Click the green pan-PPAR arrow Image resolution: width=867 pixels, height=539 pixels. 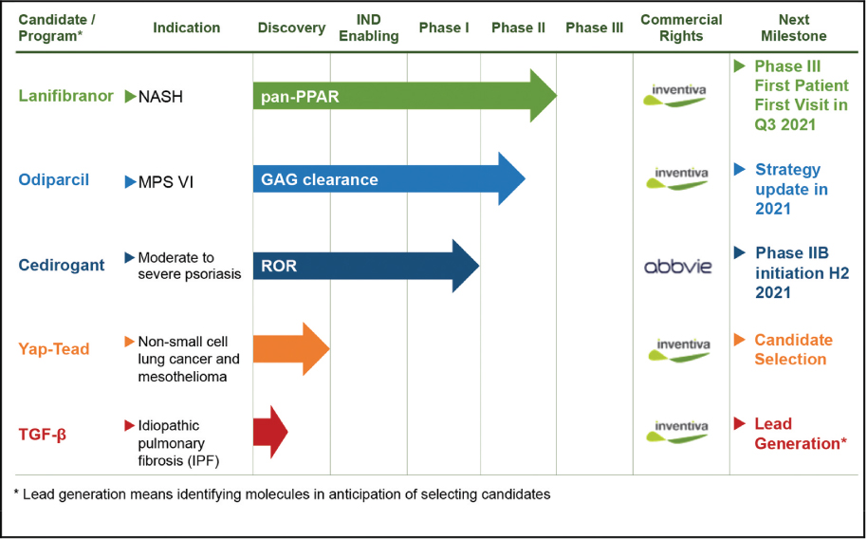403,96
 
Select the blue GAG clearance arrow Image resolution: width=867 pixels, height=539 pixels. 387,179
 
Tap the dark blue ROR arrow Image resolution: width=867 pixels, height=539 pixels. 365,266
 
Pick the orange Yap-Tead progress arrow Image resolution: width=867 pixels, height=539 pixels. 289,349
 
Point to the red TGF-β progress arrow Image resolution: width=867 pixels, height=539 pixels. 269,433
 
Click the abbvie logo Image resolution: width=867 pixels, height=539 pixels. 677,267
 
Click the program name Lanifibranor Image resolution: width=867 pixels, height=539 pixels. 66,96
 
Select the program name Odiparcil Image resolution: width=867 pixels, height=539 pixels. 54,179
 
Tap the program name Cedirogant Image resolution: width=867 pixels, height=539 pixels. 62,266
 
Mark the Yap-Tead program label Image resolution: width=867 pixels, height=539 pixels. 54,349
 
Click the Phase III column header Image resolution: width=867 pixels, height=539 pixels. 595,28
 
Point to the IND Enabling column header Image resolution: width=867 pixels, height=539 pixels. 368,28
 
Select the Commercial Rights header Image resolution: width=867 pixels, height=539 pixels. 681,28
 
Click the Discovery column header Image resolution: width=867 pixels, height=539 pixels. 291,28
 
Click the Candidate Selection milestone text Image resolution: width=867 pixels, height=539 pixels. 793,349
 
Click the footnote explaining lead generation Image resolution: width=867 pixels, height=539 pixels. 283,494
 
